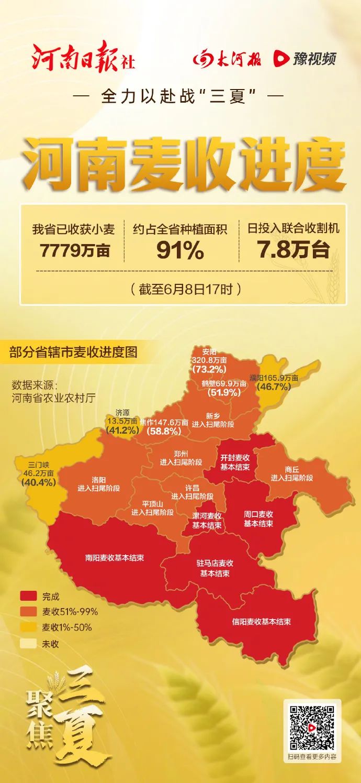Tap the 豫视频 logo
[x=304, y=59]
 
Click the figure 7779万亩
[x=75, y=251]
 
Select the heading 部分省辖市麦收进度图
[x=73, y=352]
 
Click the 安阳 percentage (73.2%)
[x=209, y=369]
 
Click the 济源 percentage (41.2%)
[x=122, y=431]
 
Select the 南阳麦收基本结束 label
[x=115, y=558]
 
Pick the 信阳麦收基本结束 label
[x=262, y=622]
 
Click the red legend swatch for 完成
[x=28, y=597]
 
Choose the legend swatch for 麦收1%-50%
[x=28, y=627]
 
